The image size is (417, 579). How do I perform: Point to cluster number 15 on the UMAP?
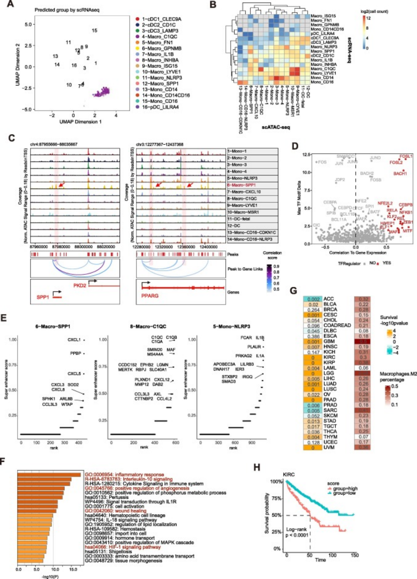point(94,31)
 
